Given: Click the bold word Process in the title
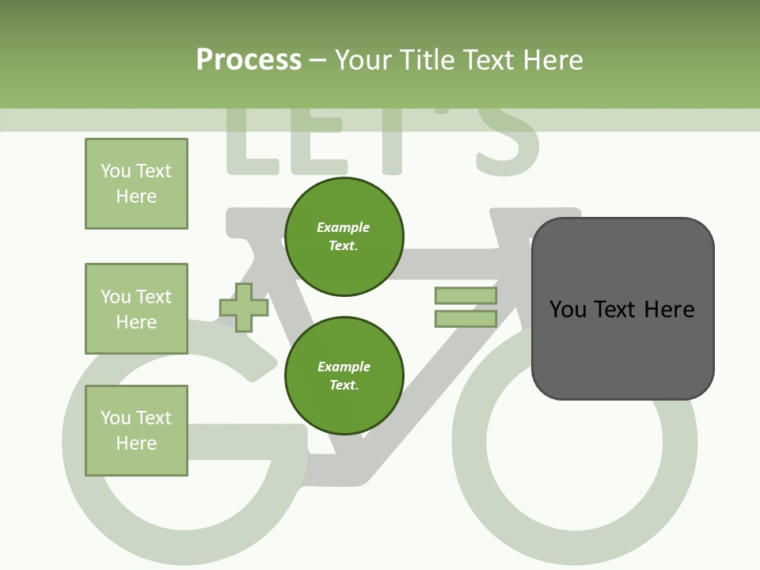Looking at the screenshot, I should (x=249, y=60).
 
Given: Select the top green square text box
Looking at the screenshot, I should (x=136, y=184).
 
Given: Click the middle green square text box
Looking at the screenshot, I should (x=136, y=309).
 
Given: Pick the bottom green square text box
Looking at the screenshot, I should (x=136, y=431).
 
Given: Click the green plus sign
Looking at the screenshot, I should (x=244, y=307).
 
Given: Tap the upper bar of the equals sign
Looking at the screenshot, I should (x=465, y=296).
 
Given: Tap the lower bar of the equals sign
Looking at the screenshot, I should (x=465, y=319).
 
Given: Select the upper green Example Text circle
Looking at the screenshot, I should (x=344, y=237).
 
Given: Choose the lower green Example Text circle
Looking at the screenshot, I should (x=344, y=375).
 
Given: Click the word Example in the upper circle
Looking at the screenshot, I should (x=344, y=227).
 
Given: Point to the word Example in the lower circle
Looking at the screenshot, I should (x=344, y=367).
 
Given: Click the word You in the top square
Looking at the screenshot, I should (x=116, y=171).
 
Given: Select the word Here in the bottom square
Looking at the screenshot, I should (x=136, y=443).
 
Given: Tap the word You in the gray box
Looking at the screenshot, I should (x=568, y=309).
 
